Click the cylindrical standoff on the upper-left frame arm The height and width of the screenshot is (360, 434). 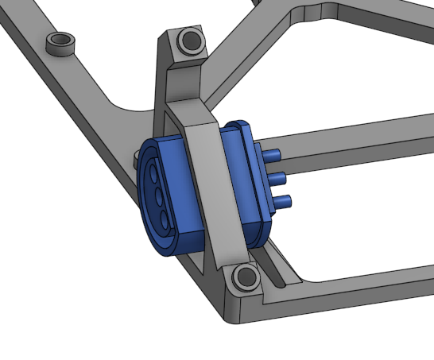click(x=60, y=42)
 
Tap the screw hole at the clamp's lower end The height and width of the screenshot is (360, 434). click(x=246, y=277)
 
